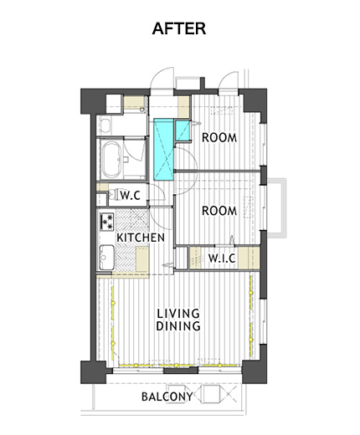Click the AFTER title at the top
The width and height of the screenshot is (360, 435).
pyautogui.click(x=179, y=28)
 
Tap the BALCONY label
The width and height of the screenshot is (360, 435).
pyautogui.click(x=167, y=397)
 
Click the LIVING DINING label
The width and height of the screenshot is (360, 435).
pyautogui.click(x=178, y=320)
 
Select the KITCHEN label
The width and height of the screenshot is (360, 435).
pyautogui.click(x=141, y=238)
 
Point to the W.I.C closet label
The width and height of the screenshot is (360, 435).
pyautogui.click(x=222, y=258)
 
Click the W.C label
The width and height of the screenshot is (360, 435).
pyautogui.click(x=130, y=196)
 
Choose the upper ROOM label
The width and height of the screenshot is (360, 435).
pyautogui.click(x=219, y=137)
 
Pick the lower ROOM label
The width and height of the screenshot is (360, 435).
pyautogui.click(x=219, y=211)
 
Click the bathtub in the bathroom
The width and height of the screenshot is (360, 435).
pyautogui.click(x=111, y=160)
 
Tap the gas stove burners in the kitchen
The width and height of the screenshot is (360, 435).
pyautogui.click(x=106, y=222)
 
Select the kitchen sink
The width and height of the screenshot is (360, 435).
pyautogui.click(x=107, y=257)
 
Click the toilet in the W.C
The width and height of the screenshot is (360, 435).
pyautogui.click(x=114, y=194)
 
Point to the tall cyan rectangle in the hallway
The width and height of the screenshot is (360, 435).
pyautogui.click(x=164, y=150)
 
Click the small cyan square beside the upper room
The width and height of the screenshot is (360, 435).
pyautogui.click(x=183, y=130)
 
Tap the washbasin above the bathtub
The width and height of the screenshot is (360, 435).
pyautogui.click(x=105, y=125)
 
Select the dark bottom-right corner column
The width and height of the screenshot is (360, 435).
pyautogui.click(x=255, y=371)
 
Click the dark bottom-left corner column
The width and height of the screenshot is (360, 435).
pyautogui.click(x=93, y=372)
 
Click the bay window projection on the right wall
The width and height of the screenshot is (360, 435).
pyautogui.click(x=277, y=208)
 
